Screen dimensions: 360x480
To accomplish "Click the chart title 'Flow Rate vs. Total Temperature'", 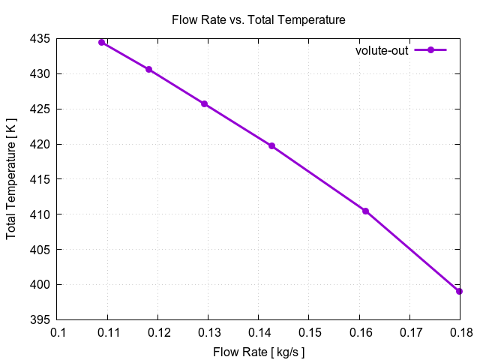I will coord(259,19).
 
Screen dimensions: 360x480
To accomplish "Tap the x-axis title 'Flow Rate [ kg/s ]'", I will coord(259,351).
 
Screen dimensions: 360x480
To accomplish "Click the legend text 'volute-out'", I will coord(382,50).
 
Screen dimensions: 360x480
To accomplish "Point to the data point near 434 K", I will coord(102,42).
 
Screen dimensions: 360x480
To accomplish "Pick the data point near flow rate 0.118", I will coord(148,69).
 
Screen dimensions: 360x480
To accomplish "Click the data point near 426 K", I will coord(204,103).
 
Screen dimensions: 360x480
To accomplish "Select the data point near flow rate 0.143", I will coord(271,145).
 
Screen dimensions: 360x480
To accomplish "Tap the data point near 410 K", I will coord(365,211).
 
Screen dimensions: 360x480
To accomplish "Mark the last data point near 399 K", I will coord(459,291).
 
